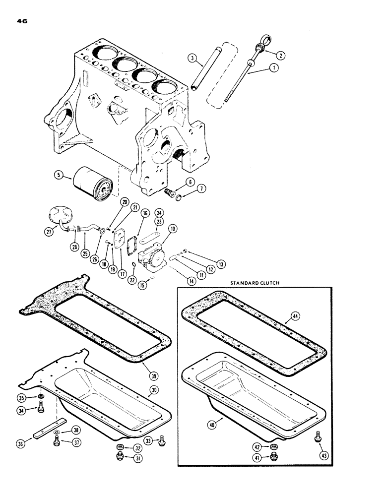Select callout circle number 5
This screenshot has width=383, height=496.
59,175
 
